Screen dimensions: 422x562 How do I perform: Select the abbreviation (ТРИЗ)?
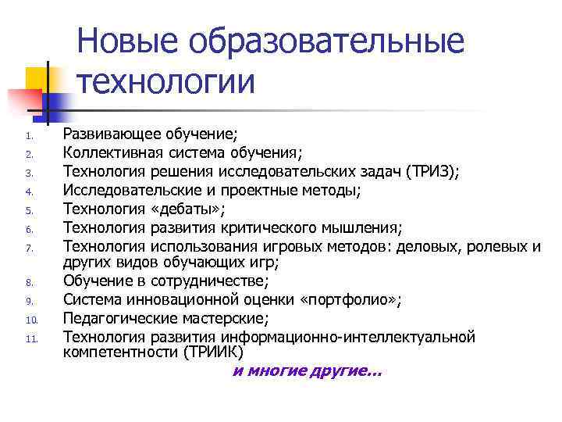click(x=429, y=171)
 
